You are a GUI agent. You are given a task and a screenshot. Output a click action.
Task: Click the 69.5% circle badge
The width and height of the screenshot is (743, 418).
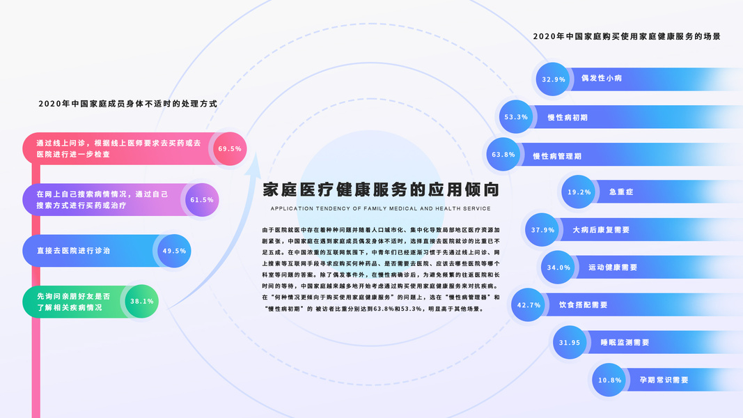coord(230,149)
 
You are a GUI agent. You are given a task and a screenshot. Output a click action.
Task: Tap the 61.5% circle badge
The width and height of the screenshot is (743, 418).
coord(202,200)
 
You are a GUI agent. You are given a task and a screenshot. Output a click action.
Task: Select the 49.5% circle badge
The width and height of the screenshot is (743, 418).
coord(174,251)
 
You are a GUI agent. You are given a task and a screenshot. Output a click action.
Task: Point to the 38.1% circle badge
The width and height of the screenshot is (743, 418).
coord(142,302)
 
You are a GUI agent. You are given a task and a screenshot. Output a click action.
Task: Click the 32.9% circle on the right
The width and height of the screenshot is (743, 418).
coord(554,79)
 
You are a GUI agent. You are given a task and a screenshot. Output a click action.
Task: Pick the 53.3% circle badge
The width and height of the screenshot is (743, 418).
coord(516,117)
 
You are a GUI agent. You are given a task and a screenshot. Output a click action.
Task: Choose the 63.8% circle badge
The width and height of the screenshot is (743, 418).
coord(503,155)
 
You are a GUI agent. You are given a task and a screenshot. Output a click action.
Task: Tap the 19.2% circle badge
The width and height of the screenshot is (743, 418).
coord(579,192)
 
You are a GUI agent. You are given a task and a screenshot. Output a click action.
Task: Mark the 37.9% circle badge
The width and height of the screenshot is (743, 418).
coord(542,230)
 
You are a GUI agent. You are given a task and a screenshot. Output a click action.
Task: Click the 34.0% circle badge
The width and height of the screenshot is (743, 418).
coord(559,268)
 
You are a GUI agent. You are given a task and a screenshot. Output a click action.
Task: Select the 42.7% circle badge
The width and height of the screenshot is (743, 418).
coord(529,305)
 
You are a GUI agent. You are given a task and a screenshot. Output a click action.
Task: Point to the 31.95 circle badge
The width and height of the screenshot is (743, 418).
coord(570,343)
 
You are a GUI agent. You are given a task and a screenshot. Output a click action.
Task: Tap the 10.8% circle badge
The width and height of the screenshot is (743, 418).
coord(610,380)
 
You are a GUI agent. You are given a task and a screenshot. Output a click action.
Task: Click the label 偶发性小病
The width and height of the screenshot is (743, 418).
coord(602,79)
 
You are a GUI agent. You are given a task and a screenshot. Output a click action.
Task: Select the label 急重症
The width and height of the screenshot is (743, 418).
coord(620,192)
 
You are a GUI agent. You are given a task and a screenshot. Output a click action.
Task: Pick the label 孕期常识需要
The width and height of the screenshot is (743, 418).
coord(664,380)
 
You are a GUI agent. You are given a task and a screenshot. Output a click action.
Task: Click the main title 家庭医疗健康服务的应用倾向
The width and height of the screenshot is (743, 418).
coord(381,189)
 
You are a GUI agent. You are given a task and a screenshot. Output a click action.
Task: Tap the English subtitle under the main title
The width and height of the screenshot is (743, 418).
coord(381,208)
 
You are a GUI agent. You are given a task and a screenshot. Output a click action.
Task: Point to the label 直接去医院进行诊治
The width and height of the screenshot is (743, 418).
coord(73,251)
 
